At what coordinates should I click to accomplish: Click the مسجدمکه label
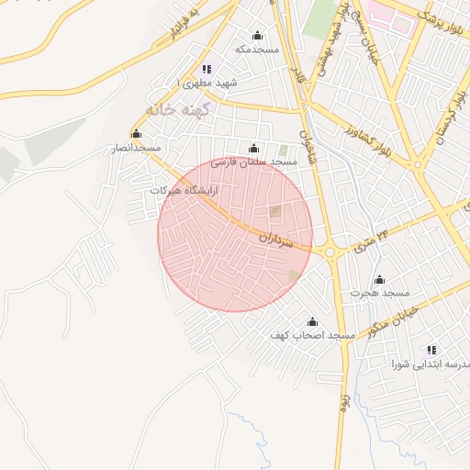[256, 49]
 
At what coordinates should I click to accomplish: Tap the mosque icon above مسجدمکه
[256, 36]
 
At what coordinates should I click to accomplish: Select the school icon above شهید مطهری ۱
[207, 69]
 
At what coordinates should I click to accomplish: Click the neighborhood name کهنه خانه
[185, 108]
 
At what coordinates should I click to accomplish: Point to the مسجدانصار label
[136, 147]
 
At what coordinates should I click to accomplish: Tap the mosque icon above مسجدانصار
[137, 134]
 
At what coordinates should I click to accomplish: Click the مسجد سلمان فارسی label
[254, 162]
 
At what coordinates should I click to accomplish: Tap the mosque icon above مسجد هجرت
[379, 280]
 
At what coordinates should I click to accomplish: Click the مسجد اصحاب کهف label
[311, 336]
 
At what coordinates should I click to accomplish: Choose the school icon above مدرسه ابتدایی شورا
[431, 350]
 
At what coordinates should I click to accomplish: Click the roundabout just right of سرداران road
[330, 250]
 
